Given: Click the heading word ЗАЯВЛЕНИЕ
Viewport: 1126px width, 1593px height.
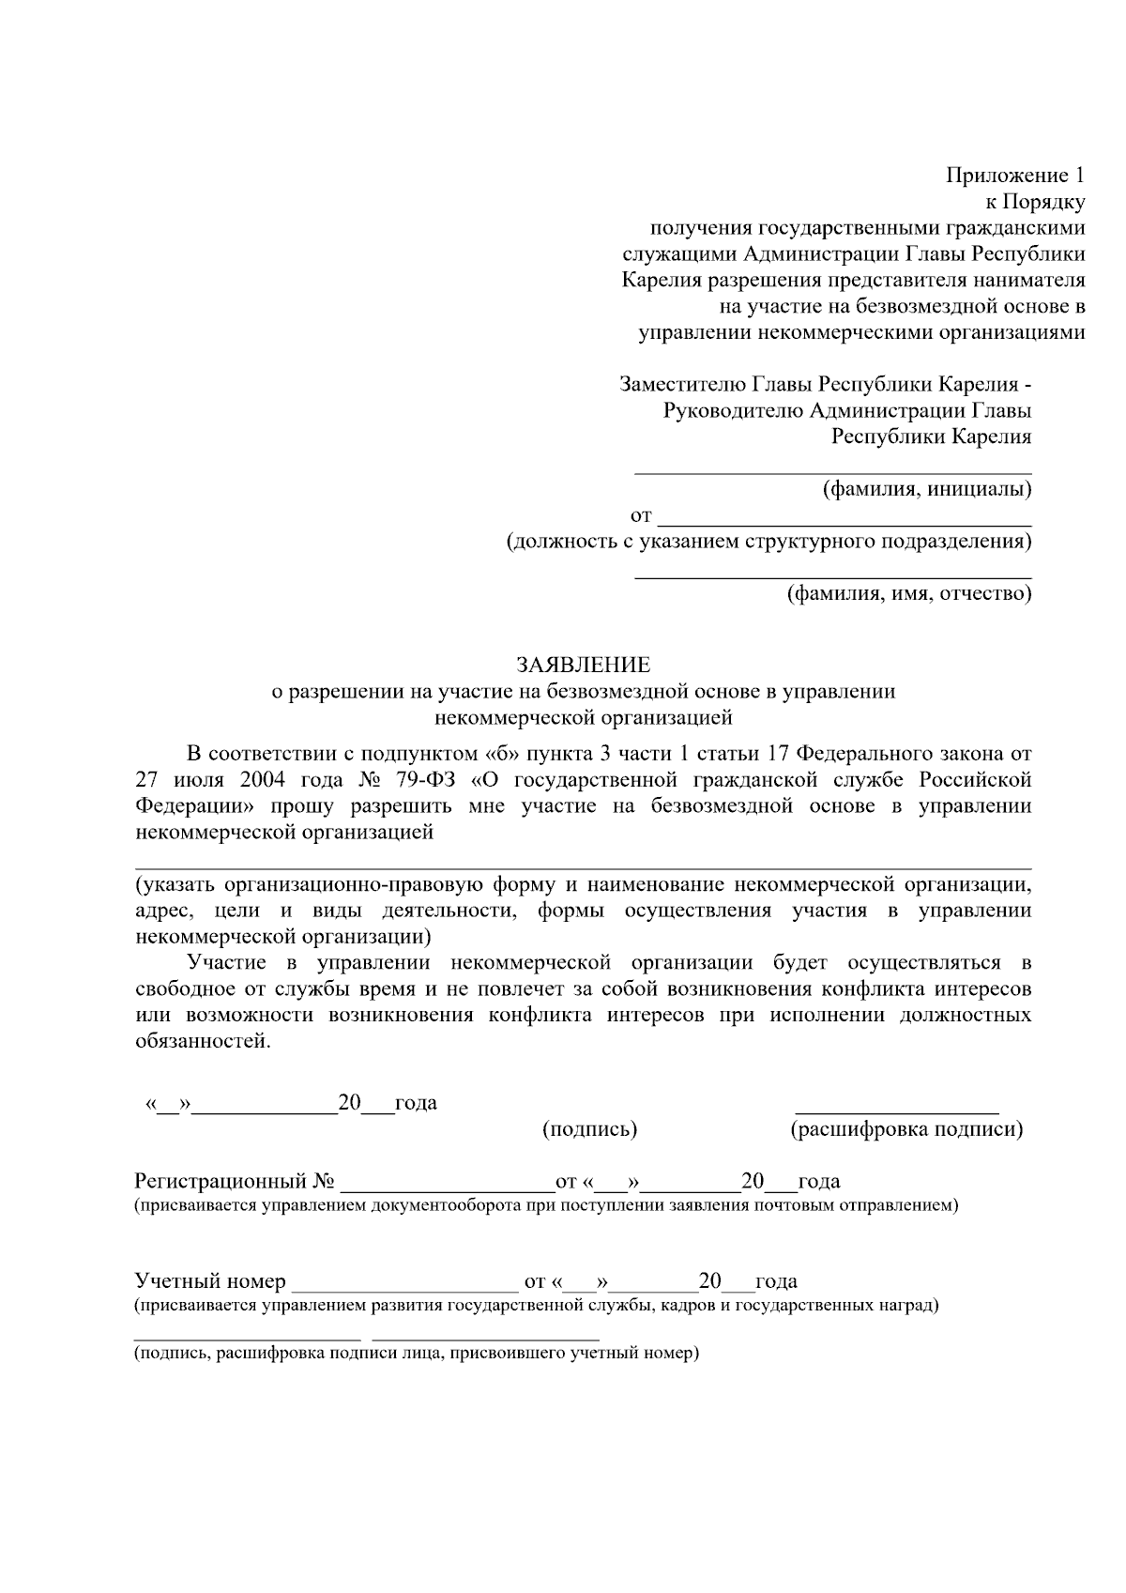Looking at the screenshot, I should [583, 666].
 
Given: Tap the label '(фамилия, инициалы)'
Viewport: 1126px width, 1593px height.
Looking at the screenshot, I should [926, 489].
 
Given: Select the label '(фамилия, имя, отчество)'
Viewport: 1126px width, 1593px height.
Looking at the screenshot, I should [908, 593].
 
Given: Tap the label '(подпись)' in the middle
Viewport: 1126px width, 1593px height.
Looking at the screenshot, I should [590, 1129].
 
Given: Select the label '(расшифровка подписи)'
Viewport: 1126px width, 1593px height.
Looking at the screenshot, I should [906, 1129].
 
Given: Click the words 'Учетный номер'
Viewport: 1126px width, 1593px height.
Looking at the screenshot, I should [210, 1281].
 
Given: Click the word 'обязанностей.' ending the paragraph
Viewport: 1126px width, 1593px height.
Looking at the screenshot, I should [203, 1042].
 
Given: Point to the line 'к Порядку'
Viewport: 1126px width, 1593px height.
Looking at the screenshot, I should [1034, 202].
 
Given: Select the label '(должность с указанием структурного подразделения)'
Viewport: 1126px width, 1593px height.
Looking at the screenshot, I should [768, 542].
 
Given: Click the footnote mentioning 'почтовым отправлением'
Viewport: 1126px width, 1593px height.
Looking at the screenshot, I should [545, 1205].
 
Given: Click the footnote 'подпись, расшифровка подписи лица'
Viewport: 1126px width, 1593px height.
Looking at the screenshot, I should [416, 1354].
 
